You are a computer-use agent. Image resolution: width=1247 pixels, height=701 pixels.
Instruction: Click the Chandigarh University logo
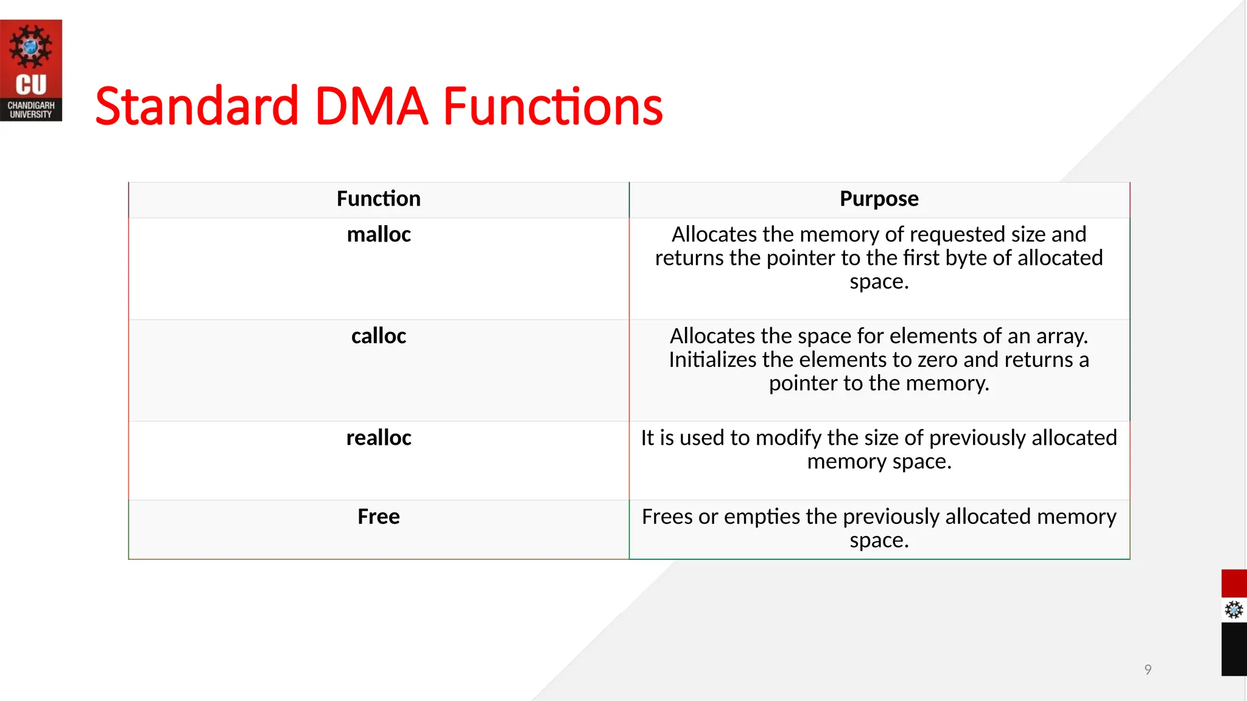[x=30, y=71]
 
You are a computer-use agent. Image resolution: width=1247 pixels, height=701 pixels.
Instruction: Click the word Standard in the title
[x=197, y=107]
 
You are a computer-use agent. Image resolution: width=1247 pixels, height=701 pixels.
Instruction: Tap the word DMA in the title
[x=371, y=107]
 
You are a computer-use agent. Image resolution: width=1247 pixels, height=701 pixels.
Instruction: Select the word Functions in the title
[x=552, y=107]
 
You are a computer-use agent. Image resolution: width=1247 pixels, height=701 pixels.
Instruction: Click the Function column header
[x=378, y=199]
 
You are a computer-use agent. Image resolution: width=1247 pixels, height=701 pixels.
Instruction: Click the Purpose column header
[x=879, y=199]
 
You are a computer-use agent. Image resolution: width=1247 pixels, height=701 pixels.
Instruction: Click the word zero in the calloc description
[x=938, y=360]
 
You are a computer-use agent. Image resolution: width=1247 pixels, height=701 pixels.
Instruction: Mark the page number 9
[x=1148, y=669]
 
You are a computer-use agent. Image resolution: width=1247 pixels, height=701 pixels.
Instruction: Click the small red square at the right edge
[x=1234, y=584]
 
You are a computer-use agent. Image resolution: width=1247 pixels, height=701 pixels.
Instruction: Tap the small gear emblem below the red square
[x=1234, y=610]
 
